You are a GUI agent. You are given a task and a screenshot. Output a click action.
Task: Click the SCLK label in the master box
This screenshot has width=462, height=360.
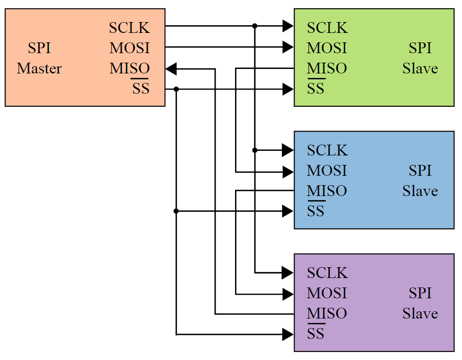click(129, 28)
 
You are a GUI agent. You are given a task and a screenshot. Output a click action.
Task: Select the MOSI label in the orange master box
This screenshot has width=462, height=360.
click(129, 48)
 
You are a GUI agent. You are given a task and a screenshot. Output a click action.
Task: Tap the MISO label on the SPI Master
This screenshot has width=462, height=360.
click(129, 68)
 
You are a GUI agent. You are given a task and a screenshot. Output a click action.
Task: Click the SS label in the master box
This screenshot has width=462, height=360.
click(140, 88)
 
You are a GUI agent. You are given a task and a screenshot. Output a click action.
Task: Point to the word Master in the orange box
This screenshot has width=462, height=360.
click(39, 68)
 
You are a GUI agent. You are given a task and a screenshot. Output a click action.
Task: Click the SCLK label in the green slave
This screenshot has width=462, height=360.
click(327, 28)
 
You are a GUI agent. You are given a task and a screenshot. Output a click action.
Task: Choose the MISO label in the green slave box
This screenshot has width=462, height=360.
click(327, 68)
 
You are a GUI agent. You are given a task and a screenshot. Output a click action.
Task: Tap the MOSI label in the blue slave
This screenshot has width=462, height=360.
click(327, 171)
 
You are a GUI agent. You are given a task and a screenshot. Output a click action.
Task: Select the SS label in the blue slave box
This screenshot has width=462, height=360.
click(316, 211)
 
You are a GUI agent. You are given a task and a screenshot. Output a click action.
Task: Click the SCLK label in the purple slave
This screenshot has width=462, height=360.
click(327, 273)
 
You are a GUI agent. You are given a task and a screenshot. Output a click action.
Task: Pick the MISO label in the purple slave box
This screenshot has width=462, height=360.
click(327, 314)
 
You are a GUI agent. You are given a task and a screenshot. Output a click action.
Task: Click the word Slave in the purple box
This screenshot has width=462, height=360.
click(420, 314)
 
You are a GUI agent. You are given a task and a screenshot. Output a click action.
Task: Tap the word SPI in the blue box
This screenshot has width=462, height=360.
click(420, 171)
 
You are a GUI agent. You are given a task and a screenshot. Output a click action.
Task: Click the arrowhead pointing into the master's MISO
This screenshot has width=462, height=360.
click(172, 69)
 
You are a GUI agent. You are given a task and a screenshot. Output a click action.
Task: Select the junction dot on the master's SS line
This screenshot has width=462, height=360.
click(176, 89)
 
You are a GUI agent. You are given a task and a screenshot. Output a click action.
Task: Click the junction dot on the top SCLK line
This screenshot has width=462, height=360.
click(255, 26)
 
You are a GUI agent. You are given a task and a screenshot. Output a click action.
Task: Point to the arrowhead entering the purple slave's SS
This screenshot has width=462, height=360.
click(288, 334)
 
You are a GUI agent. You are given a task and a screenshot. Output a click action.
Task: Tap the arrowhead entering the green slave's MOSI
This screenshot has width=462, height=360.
click(288, 46)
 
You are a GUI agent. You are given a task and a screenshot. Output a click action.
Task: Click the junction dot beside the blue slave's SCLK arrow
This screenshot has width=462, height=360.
click(255, 150)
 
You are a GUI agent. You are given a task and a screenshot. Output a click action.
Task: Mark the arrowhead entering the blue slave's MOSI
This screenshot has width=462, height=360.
click(288, 172)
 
